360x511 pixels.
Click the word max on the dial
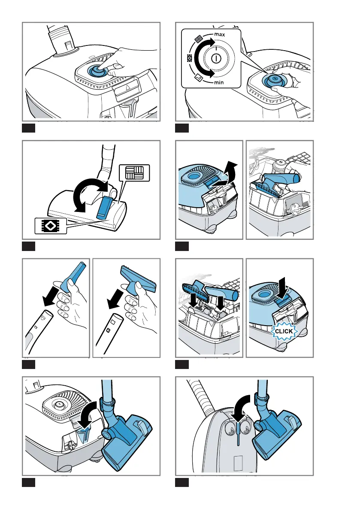tap(220, 34)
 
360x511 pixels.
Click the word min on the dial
tap(219, 82)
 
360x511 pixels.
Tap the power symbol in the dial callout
tap(215, 59)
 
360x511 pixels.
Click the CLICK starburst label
tap(284, 331)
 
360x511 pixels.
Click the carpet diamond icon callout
tap(51, 226)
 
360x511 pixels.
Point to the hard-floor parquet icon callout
tap(134, 173)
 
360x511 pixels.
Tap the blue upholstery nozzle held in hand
tap(139, 278)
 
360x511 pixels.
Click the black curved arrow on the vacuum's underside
tap(241, 407)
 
